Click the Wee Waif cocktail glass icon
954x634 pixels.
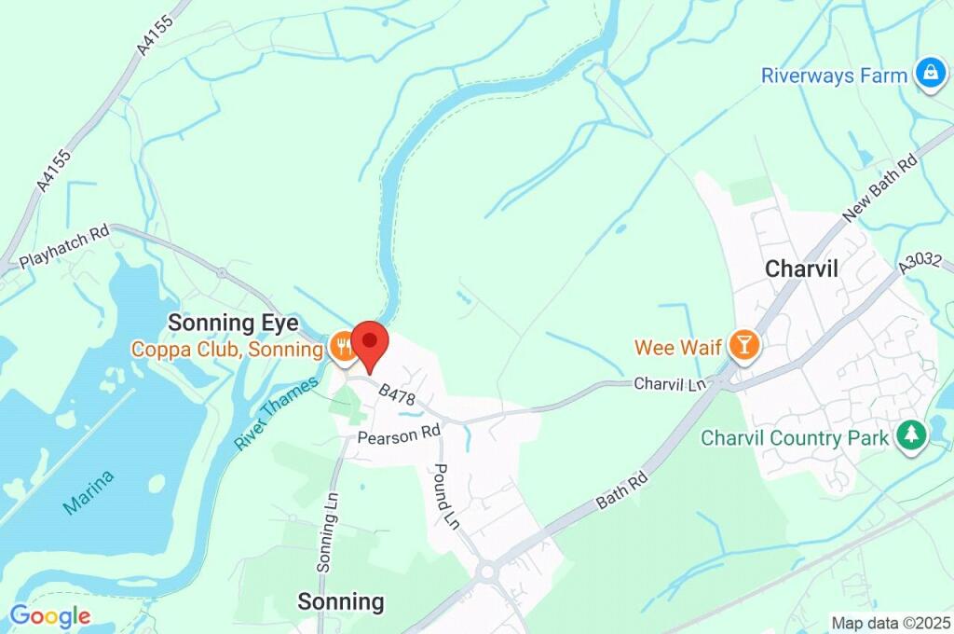pyautogui.click(x=744, y=346)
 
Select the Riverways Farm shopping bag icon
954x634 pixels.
pyautogui.click(x=929, y=75)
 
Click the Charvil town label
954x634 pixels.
pyautogui.click(x=801, y=269)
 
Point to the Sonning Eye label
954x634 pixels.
pyautogui.click(x=233, y=323)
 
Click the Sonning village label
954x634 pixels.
pyautogui.click(x=340, y=601)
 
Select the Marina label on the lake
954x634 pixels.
pyautogui.click(x=89, y=491)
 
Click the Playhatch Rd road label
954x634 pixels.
pyautogui.click(x=64, y=246)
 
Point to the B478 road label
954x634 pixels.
pyautogui.click(x=397, y=395)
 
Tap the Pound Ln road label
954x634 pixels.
pyautogui.click(x=447, y=493)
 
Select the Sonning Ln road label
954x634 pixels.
pyautogui.click(x=326, y=532)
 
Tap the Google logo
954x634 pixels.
pyautogui.click(x=49, y=615)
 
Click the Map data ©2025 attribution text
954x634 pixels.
pyautogui.click(x=891, y=623)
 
